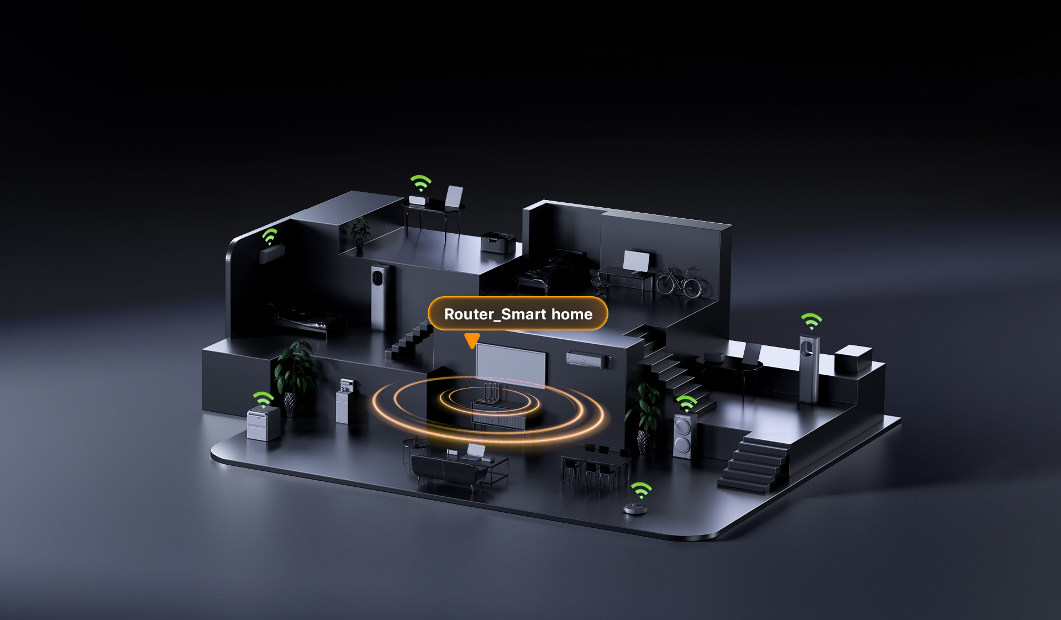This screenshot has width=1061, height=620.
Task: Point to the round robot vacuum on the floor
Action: (x=635, y=508)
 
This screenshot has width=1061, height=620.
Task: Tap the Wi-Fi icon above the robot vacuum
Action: (x=642, y=490)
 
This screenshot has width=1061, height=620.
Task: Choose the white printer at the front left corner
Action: (x=263, y=423)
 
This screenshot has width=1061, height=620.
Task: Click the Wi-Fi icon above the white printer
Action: (x=264, y=399)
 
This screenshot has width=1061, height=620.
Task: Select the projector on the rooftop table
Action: (x=418, y=199)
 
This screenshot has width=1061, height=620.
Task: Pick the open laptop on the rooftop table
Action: (x=453, y=198)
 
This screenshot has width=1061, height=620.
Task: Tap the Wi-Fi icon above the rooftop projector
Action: (x=421, y=183)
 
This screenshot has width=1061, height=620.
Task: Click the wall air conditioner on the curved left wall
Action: (x=272, y=253)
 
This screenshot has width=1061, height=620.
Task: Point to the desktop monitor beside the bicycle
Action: (x=637, y=262)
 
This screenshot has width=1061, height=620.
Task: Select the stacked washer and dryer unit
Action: (x=684, y=436)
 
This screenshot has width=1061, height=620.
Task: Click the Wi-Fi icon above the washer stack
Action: (x=687, y=403)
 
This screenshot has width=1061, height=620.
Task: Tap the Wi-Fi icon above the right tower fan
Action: (x=812, y=321)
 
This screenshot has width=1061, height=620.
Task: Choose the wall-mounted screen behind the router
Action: (x=511, y=365)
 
